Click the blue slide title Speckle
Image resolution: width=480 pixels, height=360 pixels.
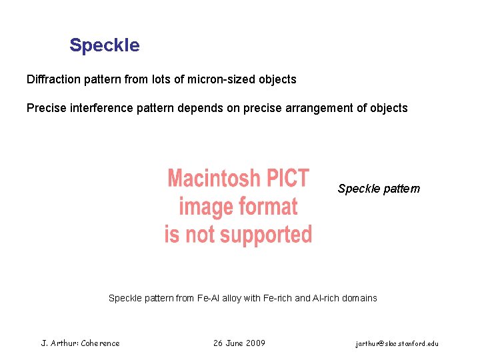click(x=105, y=45)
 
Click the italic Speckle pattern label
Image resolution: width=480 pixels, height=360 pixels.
click(x=379, y=189)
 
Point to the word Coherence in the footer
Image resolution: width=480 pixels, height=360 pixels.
click(x=101, y=343)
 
